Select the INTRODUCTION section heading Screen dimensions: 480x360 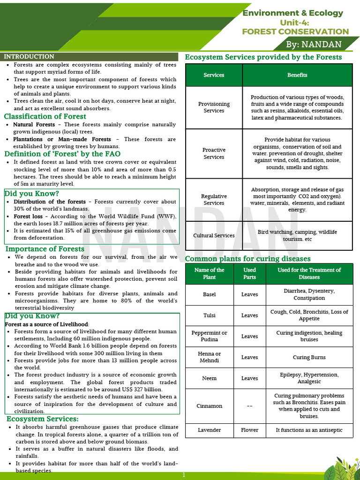point(29,57)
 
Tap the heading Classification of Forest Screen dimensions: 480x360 point(45,116)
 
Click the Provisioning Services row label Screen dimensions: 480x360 point(214,107)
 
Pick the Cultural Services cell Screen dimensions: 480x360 point(214,235)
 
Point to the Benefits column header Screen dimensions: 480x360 point(297,75)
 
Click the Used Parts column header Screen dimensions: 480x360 point(249,273)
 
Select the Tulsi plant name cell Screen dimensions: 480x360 point(209,315)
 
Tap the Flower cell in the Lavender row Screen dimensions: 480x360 point(249,430)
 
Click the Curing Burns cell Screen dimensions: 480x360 point(309,357)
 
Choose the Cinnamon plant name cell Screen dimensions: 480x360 point(209,406)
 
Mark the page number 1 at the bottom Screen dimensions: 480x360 point(184,475)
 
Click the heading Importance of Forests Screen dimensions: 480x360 point(45,249)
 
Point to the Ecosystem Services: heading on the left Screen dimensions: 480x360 point(42,419)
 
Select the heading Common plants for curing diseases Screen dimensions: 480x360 point(248,259)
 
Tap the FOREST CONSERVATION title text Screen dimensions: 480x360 point(295,31)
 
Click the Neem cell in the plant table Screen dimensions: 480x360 point(209,378)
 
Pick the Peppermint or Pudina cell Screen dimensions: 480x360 point(209,336)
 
